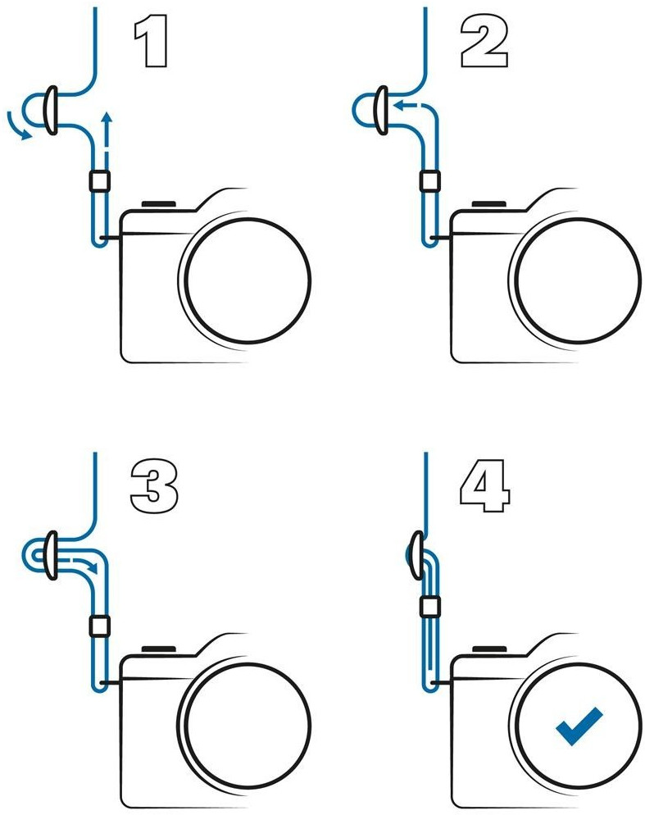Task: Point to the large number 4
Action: coord(485,486)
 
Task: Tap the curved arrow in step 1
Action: coord(15,128)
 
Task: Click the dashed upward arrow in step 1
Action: coord(107,137)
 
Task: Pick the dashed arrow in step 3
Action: coord(82,565)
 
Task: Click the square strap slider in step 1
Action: coord(99,181)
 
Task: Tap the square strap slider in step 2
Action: coord(429,181)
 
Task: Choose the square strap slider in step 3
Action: coord(99,626)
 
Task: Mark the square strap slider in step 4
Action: coord(429,606)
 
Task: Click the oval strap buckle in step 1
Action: coord(51,111)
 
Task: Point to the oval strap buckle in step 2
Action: coord(381,111)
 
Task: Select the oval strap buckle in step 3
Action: coord(51,555)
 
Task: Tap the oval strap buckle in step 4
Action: coord(416,555)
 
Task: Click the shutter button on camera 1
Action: coord(158,205)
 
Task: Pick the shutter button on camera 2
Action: coord(488,205)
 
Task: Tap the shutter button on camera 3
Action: coord(158,649)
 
